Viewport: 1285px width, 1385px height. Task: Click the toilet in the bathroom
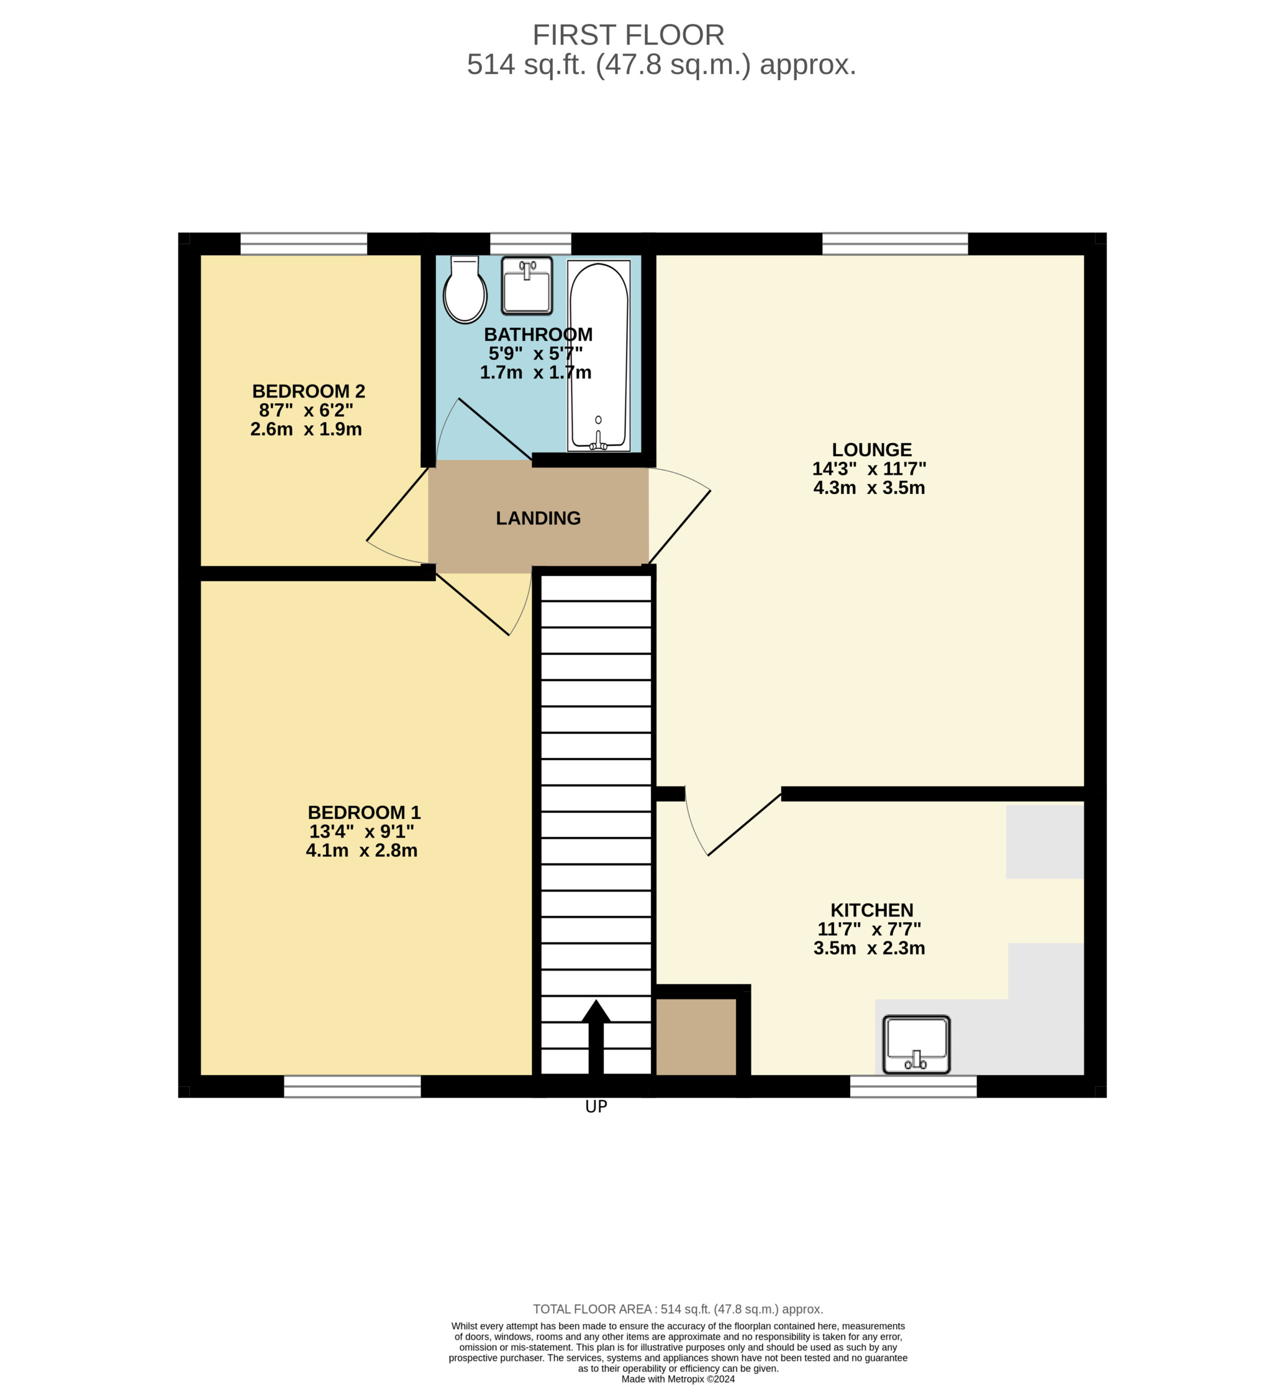pos(465,289)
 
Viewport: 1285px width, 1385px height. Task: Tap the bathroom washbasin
pos(527,286)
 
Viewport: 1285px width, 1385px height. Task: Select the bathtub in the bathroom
pos(599,355)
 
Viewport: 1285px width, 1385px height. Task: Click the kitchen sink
pos(917,1045)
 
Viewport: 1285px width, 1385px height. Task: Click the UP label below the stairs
pos(596,1106)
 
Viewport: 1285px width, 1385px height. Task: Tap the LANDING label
pos(538,518)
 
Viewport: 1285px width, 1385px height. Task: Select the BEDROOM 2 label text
pos(308,391)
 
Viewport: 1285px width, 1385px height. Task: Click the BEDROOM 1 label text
pos(363,813)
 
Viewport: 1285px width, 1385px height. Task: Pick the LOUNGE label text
pos(871,450)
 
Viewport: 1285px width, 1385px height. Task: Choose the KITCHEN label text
pos(871,910)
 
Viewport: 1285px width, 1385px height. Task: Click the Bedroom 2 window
pos(304,244)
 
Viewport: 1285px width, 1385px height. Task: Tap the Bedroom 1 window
pos(353,1086)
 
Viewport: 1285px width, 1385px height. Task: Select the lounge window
pos(895,244)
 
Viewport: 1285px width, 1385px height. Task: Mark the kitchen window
pos(913,1086)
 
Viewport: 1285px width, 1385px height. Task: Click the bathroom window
pos(531,244)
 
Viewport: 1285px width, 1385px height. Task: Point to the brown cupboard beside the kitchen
pos(696,1037)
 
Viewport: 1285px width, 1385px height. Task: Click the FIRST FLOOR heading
pos(628,35)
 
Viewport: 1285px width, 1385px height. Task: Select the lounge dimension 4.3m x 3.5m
pos(869,487)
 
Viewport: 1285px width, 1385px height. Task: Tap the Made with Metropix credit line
pos(678,1379)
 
